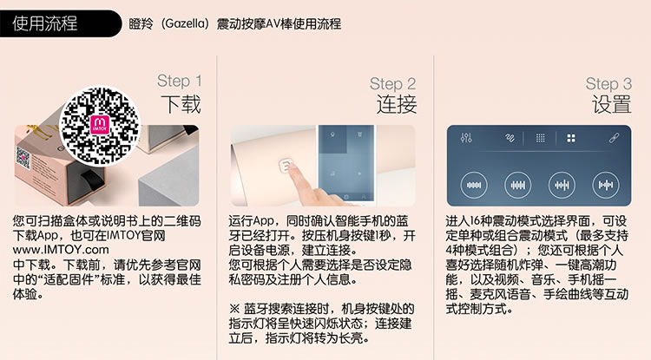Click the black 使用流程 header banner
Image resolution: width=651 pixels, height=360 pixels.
click(60, 23)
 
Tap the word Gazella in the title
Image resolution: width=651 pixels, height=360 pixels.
click(184, 23)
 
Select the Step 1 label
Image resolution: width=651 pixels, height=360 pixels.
click(180, 81)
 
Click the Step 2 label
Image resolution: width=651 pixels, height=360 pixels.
click(392, 84)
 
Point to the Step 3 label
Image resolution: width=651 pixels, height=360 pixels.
click(608, 84)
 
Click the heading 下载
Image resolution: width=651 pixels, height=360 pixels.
click(181, 104)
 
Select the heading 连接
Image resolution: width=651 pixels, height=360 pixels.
click(397, 104)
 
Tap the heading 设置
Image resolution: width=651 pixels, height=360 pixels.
click(612, 104)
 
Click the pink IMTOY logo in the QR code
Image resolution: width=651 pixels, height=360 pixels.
click(100, 125)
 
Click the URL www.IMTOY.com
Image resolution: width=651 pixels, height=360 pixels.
click(61, 250)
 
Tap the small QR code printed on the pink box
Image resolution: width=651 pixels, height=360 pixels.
click(23, 160)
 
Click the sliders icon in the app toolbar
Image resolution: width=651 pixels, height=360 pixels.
click(466, 138)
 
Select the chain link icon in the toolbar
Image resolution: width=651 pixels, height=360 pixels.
click(614, 138)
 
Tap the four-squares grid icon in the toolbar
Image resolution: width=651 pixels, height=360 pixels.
click(571, 138)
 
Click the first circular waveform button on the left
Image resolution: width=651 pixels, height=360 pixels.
click(474, 185)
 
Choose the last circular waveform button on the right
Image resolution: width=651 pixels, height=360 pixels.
click(605, 185)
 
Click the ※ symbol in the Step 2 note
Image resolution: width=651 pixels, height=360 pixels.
click(234, 309)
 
